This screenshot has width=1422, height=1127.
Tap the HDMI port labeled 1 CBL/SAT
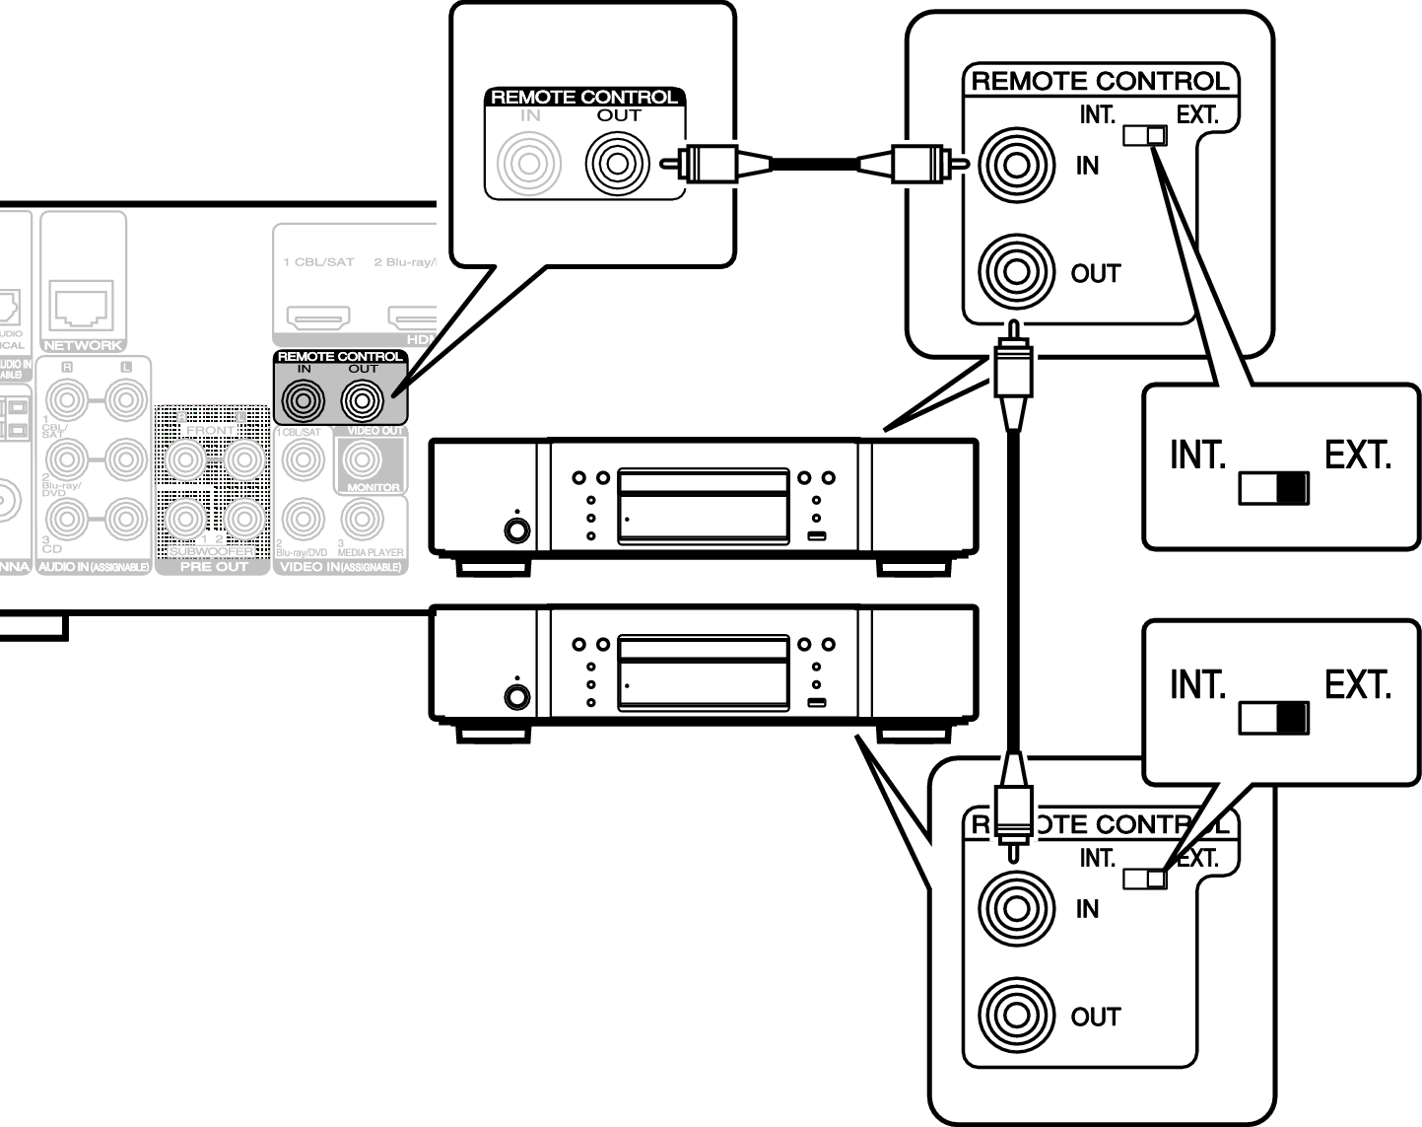point(317,317)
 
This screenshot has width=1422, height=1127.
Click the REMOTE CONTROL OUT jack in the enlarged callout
point(617,163)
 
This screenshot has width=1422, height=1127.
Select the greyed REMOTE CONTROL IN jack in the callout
point(529,163)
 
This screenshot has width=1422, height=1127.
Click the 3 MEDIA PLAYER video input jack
point(363,520)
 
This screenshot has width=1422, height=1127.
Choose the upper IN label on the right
point(1087,166)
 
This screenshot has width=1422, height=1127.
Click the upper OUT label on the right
point(1095,274)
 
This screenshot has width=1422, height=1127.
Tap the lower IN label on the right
point(1087,909)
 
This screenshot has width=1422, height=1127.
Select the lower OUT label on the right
point(1095,1018)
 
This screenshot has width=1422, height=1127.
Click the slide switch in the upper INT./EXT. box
point(1273,488)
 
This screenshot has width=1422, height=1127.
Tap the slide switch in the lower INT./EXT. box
point(1273,718)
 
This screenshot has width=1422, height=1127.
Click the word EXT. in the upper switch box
point(1357,456)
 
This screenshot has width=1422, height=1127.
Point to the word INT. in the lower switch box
point(1197,684)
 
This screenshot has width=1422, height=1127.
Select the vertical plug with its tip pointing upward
point(1013,375)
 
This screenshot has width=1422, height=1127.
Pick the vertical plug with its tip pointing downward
point(1012,807)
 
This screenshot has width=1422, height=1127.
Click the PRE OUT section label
point(213,567)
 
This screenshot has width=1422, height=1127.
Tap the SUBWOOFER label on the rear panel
point(211,551)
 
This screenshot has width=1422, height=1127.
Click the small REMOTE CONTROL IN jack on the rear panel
point(303,400)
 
